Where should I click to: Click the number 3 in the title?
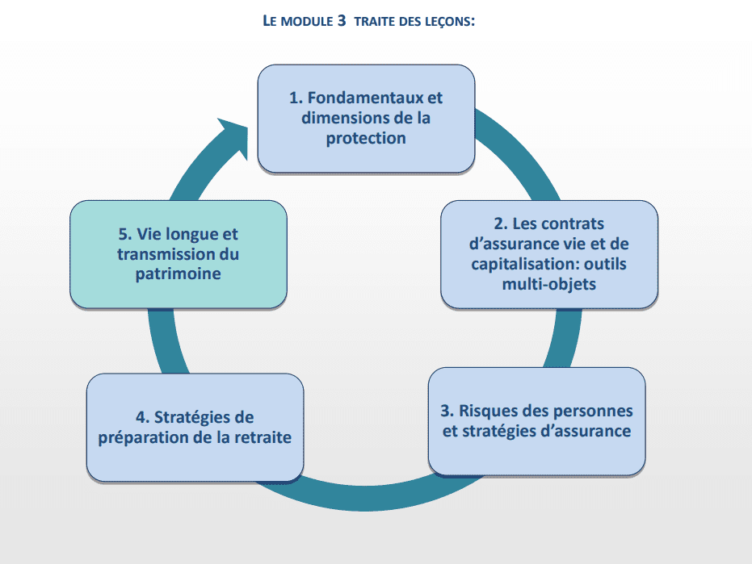pos(341,21)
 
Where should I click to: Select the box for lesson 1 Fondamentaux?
pos(366,119)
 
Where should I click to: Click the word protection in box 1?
pos(366,138)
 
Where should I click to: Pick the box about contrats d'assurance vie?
pos(549,254)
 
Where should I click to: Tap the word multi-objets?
pos(549,284)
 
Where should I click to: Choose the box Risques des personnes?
pos(536,421)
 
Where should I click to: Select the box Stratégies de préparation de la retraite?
pos(195,428)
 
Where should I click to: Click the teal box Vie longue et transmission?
pos(179,254)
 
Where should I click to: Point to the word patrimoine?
pos(179,274)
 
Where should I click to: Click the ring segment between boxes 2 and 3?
pos(565,338)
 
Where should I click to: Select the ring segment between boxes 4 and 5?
pos(166,341)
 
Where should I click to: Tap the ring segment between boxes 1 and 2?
pos(520,153)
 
